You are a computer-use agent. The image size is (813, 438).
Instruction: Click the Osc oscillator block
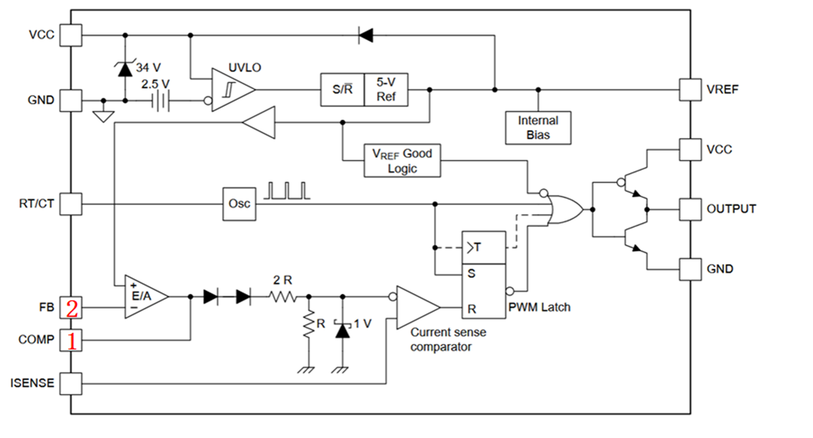pos(239,204)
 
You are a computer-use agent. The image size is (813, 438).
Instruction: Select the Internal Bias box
pos(538,128)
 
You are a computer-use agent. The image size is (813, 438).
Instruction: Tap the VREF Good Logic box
pos(402,161)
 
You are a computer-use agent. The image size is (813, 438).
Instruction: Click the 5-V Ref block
pos(386,90)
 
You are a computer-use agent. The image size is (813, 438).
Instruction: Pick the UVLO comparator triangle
pos(233,90)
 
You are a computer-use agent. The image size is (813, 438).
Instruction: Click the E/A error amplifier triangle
pos(146,297)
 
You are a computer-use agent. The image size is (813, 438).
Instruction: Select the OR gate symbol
pos(565,209)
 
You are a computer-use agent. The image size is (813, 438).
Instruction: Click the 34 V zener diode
pos(125,69)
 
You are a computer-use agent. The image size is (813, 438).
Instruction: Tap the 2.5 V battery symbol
pos(160,101)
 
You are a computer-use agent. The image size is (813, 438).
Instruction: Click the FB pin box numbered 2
pos(71,308)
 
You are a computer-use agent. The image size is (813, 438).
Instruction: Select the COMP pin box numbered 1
pos(71,340)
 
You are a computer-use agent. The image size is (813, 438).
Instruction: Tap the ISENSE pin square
pos(71,383)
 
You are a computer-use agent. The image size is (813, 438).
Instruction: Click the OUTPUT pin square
pos(691,209)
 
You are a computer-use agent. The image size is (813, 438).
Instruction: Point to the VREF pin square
pos(691,90)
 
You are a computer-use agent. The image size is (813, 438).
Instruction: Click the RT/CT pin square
pos(71,204)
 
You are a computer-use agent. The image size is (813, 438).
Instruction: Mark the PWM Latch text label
pos(540,308)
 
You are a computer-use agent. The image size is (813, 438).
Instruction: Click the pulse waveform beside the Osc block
pos(287,191)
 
